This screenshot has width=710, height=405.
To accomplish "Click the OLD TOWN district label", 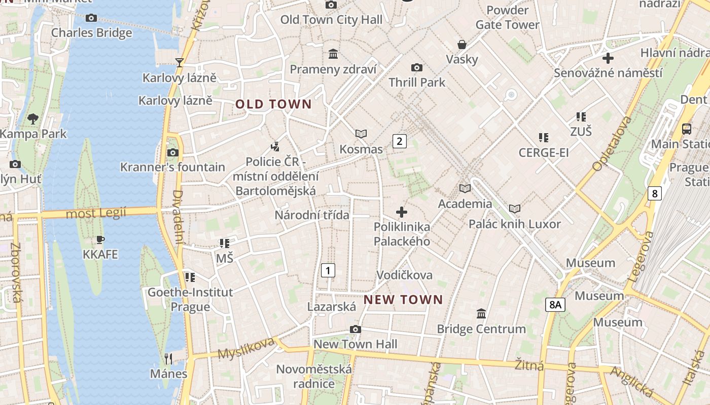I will (x=273, y=104).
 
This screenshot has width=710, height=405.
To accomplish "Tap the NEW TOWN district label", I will (x=403, y=300).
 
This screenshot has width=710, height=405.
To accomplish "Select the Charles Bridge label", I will (x=92, y=33).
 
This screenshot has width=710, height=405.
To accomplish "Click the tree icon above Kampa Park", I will (x=33, y=119).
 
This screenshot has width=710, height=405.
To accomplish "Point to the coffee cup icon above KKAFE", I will (x=100, y=239).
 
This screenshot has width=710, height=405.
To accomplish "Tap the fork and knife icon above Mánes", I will (x=168, y=359).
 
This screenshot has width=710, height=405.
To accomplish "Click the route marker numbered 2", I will (x=400, y=141).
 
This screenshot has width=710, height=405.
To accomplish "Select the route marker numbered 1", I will (x=328, y=270).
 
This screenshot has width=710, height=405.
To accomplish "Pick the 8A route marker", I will (x=555, y=305).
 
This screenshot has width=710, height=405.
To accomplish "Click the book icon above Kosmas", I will (x=361, y=134).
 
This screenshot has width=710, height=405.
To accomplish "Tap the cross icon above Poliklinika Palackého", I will (x=402, y=212).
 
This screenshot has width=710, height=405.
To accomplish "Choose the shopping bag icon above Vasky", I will (x=462, y=45).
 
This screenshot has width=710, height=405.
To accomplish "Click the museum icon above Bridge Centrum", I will (x=481, y=314).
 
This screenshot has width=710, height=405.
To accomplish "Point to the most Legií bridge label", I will (x=96, y=214).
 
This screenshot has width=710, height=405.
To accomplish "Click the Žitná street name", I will (x=529, y=364).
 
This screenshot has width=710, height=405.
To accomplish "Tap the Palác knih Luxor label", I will (x=514, y=224).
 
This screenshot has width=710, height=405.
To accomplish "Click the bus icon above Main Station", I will (x=687, y=129).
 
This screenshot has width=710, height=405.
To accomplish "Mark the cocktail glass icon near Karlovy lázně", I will (x=179, y=63).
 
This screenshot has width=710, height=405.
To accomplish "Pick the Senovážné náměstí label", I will (x=608, y=73).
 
